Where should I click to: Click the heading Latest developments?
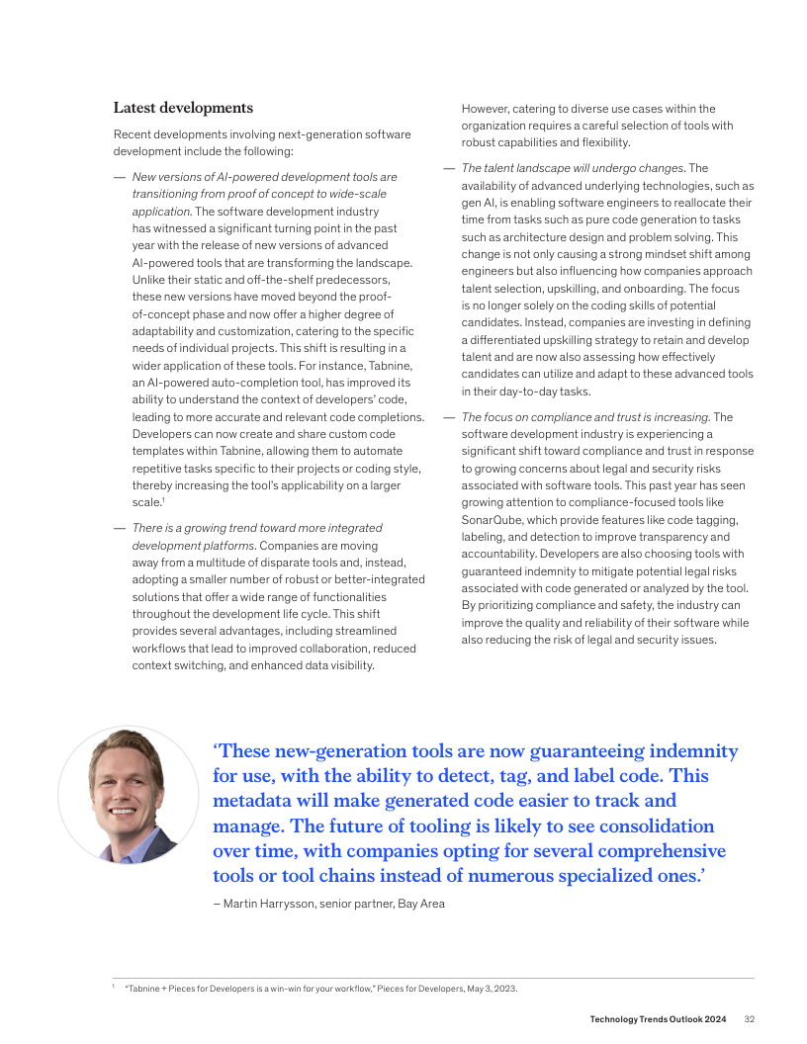click(x=183, y=108)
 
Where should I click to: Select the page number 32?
click(x=750, y=1019)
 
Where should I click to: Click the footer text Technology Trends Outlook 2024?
click(x=658, y=1019)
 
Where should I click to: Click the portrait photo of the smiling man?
click(x=128, y=795)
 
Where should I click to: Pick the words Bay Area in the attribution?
click(x=421, y=904)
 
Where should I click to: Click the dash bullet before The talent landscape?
click(x=449, y=168)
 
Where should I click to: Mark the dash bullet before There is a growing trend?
click(x=120, y=528)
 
